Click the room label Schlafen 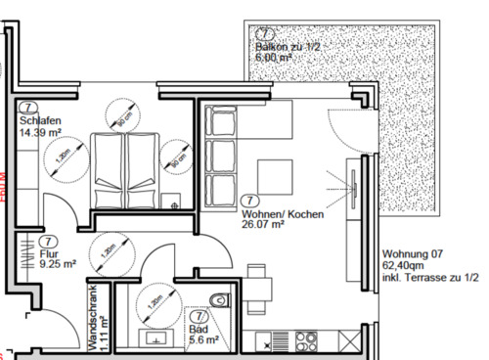pyautogui.click(x=37, y=119)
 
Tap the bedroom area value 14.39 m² pyautogui.click(x=40, y=130)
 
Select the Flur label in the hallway pyautogui.click(x=49, y=253)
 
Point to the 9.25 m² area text pyautogui.click(x=58, y=263)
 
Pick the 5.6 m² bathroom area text pyautogui.click(x=203, y=340)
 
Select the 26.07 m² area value pyautogui.click(x=262, y=223)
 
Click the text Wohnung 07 pyautogui.click(x=412, y=253)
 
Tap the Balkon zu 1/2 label pyautogui.click(x=288, y=46)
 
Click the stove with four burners pyautogui.click(x=306, y=340)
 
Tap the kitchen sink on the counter pyautogui.click(x=274, y=340)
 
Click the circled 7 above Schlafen pyautogui.click(x=28, y=107)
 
